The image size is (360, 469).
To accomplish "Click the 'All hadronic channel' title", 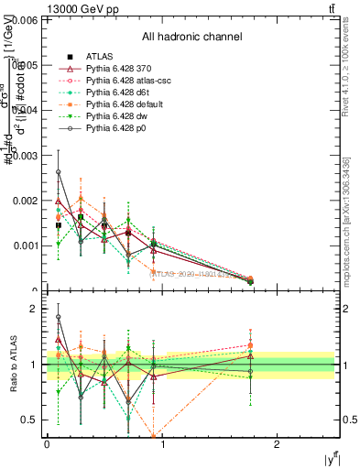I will coord(191,38).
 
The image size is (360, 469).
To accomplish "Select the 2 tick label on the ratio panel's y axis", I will coord(36,310).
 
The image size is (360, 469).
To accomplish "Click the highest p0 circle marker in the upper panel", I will coord(59,171).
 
